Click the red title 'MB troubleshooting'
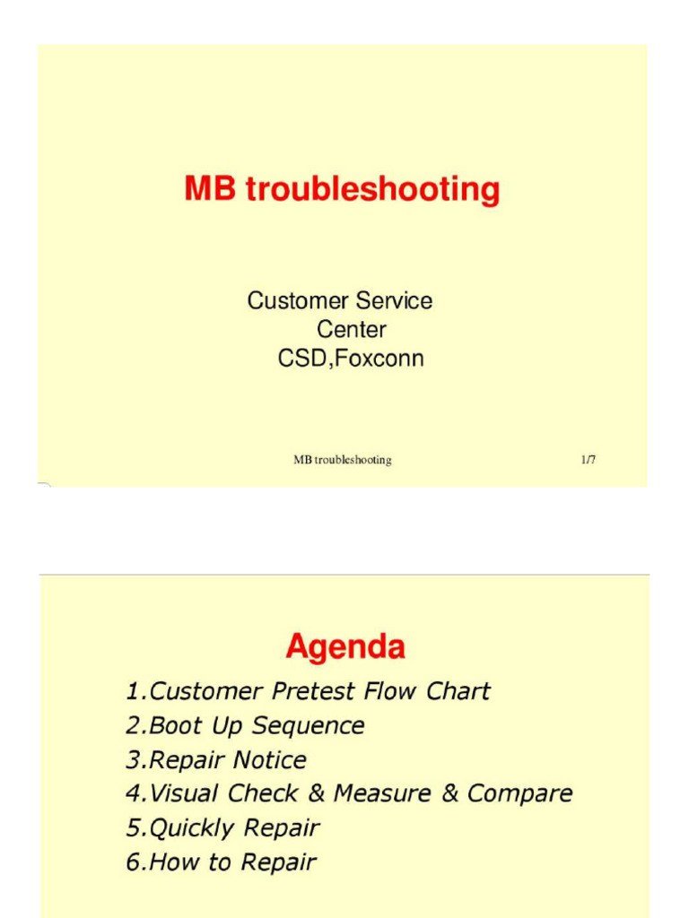[x=342, y=189]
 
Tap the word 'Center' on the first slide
[x=352, y=329]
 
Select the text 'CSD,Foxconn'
[x=351, y=359]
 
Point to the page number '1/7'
[x=588, y=460]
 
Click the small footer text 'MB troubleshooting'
[x=342, y=460]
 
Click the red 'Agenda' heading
[x=345, y=646]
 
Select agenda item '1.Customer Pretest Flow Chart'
[x=308, y=691]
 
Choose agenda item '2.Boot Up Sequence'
[x=245, y=725]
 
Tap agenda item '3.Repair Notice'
[x=216, y=760]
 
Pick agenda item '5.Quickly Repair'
[x=222, y=827]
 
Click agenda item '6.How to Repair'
[x=221, y=862]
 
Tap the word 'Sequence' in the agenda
[x=308, y=725]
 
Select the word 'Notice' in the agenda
[x=269, y=760]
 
